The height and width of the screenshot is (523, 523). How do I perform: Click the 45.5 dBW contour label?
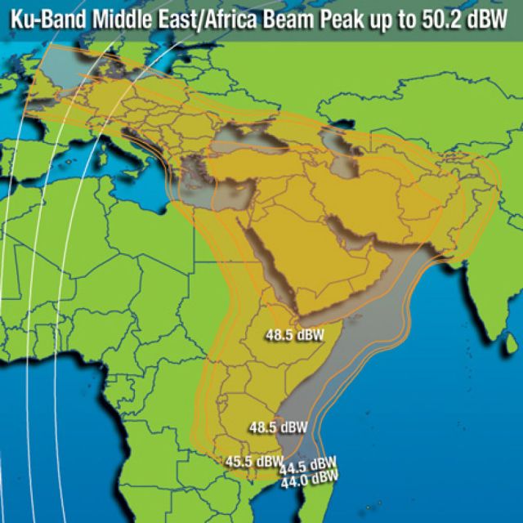tap(254, 462)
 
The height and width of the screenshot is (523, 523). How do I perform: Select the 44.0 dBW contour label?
tap(309, 481)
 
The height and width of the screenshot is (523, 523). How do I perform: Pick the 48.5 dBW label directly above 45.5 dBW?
tap(279, 427)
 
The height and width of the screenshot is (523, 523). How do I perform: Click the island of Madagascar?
tap(323, 498)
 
